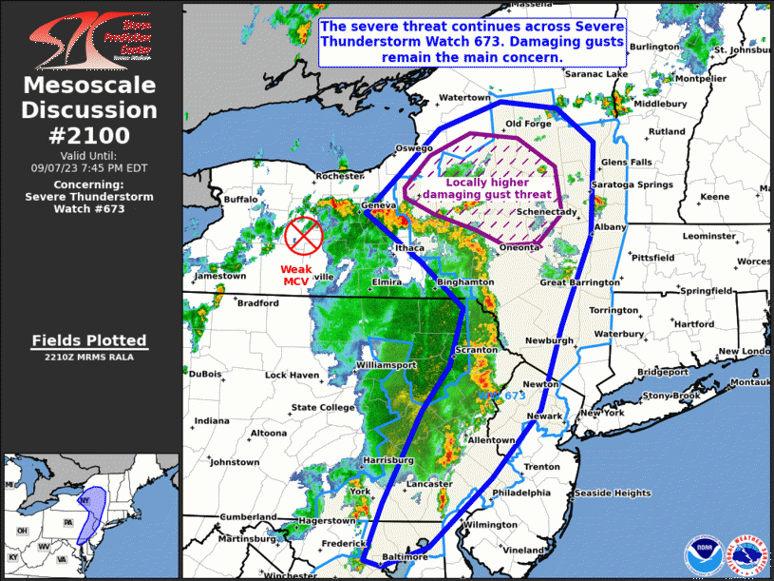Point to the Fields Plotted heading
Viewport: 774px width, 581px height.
(x=88, y=340)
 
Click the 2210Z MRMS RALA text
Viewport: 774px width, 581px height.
(x=88, y=358)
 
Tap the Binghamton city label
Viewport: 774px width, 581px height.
(x=465, y=282)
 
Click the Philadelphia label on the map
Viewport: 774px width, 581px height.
(x=521, y=493)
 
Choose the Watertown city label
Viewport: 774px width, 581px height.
(x=464, y=98)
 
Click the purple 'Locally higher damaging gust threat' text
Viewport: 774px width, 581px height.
(x=486, y=188)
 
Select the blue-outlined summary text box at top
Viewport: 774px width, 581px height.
(x=472, y=43)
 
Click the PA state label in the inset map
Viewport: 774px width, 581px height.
(x=67, y=522)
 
